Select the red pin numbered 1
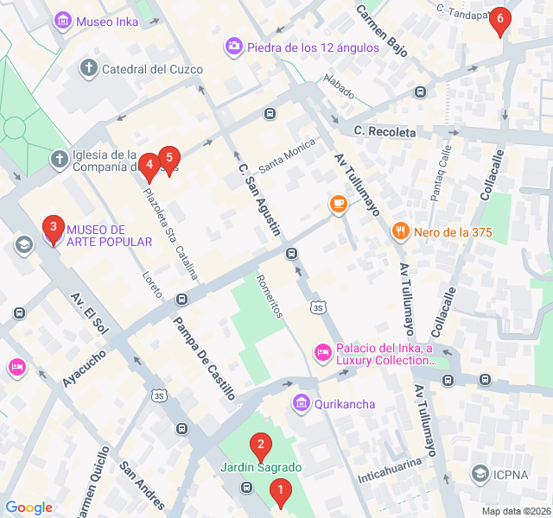(279, 493)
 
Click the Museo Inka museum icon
(62, 21)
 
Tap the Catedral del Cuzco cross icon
(88, 68)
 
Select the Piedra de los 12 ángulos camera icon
(233, 47)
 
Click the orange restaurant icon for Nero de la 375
(399, 231)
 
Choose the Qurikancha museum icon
(301, 402)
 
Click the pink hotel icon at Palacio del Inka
(322, 352)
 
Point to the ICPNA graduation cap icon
(480, 473)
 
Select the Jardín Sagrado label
(260, 468)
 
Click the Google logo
(29, 508)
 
